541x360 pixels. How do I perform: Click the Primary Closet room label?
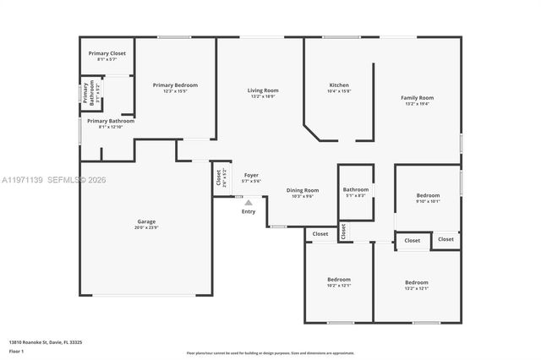(x=107, y=53)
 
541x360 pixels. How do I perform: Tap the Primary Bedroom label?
(x=175, y=85)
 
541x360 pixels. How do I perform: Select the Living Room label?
(x=263, y=90)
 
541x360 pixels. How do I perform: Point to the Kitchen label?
(x=339, y=85)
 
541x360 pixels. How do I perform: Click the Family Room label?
(x=417, y=98)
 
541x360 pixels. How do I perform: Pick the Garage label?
(x=146, y=221)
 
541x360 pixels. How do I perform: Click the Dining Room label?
(x=302, y=190)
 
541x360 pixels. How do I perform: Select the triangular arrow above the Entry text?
(x=249, y=202)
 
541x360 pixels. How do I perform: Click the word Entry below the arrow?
(x=249, y=211)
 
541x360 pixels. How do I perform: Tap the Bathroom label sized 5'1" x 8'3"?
(x=356, y=189)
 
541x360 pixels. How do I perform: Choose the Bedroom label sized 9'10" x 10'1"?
(x=428, y=194)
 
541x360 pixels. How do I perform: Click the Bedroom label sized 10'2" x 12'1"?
(x=339, y=279)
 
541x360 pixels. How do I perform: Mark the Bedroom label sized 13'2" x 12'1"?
(x=416, y=282)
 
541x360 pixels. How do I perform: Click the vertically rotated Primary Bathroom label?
(x=85, y=94)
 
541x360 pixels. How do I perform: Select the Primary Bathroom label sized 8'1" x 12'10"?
(x=110, y=121)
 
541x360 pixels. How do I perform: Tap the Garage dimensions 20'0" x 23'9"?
(x=146, y=227)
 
